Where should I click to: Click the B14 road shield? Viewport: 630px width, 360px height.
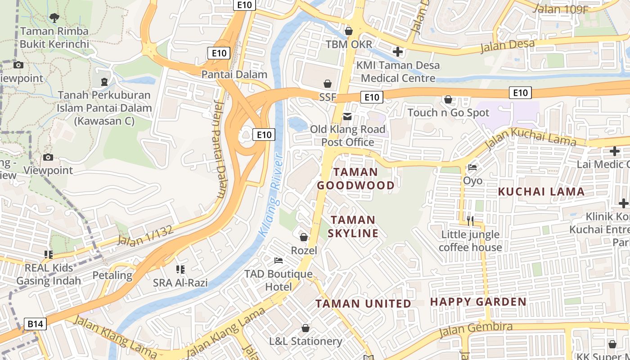click(x=36, y=324)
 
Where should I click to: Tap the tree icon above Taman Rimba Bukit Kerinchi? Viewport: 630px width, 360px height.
click(x=54, y=18)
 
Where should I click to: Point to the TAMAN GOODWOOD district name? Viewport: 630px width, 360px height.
click(x=355, y=179)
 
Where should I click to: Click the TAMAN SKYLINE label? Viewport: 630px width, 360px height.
click(x=353, y=226)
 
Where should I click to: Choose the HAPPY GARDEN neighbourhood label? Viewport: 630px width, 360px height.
click(x=478, y=301)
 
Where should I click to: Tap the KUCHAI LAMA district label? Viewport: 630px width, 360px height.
click(x=541, y=192)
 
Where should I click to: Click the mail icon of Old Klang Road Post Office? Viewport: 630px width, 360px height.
click(x=347, y=117)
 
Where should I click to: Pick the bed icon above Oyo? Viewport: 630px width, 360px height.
click(x=472, y=167)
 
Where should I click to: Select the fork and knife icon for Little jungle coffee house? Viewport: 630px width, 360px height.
click(x=470, y=220)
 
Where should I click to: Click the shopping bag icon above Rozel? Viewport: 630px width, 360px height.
click(x=304, y=237)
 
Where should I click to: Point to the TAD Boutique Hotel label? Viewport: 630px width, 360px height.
click(x=278, y=280)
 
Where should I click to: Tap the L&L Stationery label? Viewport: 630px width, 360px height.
click(x=306, y=341)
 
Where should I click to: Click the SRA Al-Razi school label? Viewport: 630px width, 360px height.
click(x=180, y=283)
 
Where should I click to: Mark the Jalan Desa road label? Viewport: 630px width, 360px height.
click(x=507, y=45)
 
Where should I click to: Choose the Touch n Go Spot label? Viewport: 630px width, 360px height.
click(x=448, y=112)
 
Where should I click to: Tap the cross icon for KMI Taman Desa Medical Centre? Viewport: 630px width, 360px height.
click(x=397, y=52)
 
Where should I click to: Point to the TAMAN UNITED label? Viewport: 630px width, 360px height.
click(x=363, y=304)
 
